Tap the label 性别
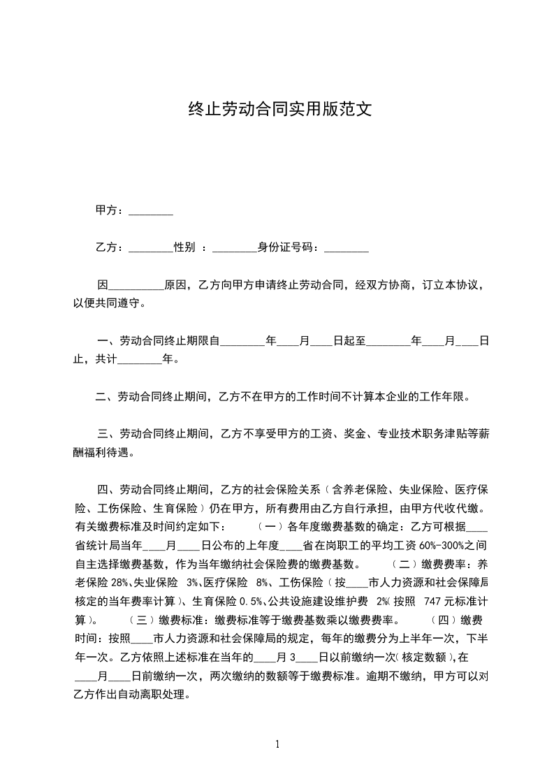(184, 247)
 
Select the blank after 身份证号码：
(347, 248)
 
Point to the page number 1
(277, 743)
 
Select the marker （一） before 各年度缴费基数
(270, 526)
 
